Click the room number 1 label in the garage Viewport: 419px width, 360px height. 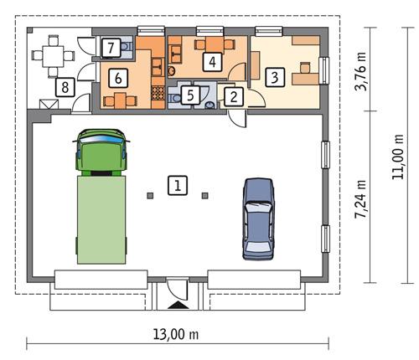coord(177,185)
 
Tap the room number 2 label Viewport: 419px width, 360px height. coord(233,96)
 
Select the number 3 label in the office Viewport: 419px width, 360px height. coord(274,77)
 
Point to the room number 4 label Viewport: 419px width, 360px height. coord(213,61)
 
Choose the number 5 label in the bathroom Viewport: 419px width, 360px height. coord(191,95)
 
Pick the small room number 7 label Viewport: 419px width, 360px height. coord(111,48)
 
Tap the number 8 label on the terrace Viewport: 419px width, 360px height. coord(61,85)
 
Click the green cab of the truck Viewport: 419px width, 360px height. coord(101,151)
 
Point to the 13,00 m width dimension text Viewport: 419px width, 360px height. coord(177,333)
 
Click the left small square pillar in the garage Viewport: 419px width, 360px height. coord(150,196)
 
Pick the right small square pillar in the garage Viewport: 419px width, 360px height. coord(204,196)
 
